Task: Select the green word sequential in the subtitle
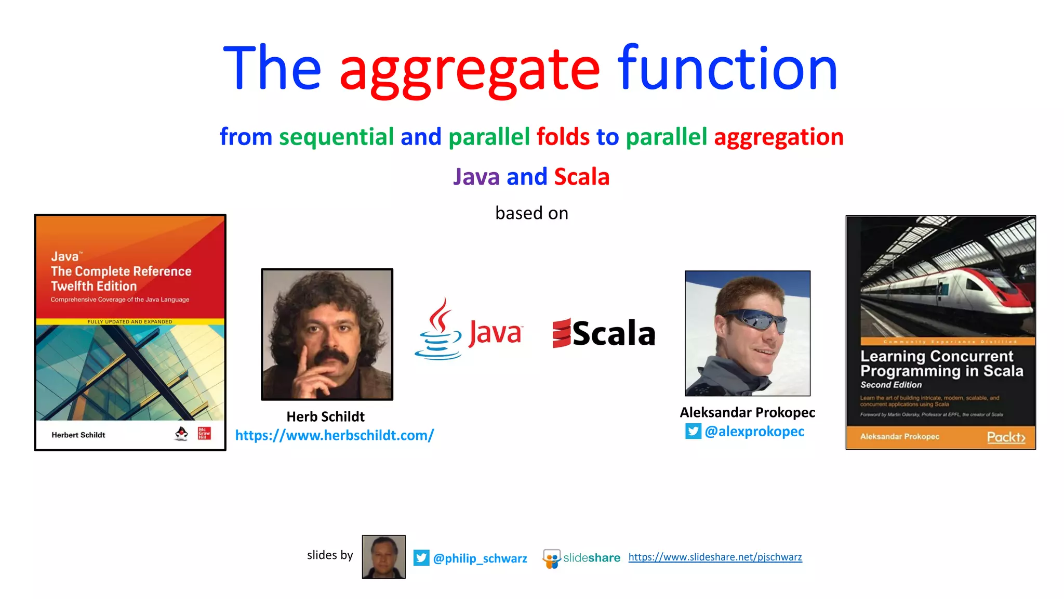tap(336, 137)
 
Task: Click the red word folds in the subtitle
tap(563, 137)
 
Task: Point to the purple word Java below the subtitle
tap(476, 177)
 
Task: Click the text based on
tap(531, 213)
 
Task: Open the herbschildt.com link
tap(334, 435)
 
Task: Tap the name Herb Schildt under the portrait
tap(325, 416)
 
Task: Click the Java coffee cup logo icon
tap(438, 331)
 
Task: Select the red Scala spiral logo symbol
tap(561, 333)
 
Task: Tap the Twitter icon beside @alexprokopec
tap(693, 432)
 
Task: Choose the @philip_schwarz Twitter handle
tap(480, 558)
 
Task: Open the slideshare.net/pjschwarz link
tap(715, 557)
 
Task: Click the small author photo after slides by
tap(383, 557)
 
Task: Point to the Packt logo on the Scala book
tap(1006, 437)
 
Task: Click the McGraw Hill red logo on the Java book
tap(204, 433)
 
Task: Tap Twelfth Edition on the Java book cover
tap(94, 287)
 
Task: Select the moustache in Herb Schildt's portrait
tap(331, 357)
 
